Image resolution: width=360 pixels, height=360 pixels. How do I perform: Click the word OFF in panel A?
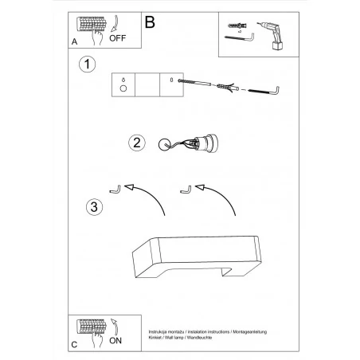pyautogui.click(x=117, y=36)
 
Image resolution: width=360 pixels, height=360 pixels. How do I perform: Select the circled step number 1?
pyautogui.click(x=86, y=64)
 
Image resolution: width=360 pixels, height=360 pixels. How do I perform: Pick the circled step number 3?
pyautogui.click(x=92, y=208)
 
